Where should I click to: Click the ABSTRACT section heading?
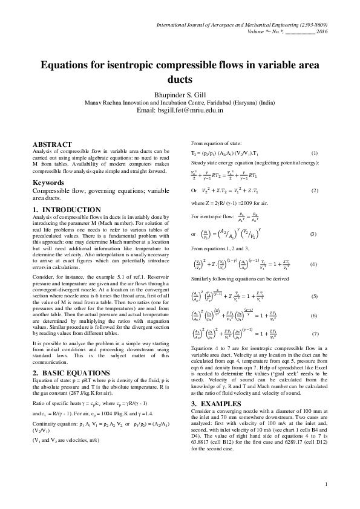tap(52, 143)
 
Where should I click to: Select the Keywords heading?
tap(49, 182)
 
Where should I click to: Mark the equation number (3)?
tap(313, 233)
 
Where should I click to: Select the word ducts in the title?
tap(180, 79)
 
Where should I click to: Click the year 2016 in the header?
tap(322, 31)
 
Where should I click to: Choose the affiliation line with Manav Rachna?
tap(180, 103)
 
